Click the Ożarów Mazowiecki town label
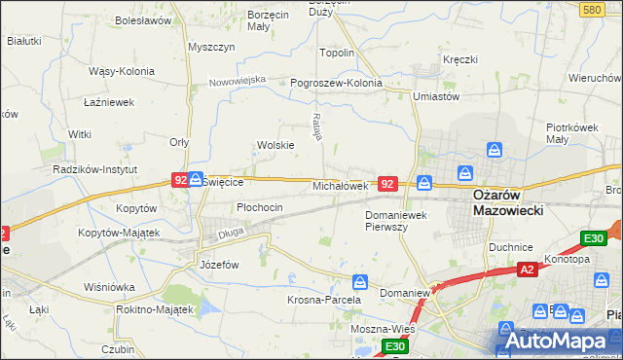tap(507, 201)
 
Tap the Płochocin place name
tap(260, 207)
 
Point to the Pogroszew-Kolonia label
tap(336, 83)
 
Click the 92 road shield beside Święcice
tap(180, 180)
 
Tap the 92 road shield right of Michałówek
tap(388, 183)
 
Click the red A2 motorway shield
tap(527, 270)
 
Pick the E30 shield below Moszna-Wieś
tap(393, 346)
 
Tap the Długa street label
tap(231, 232)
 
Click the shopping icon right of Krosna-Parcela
tap(360, 282)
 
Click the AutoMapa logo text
tap(559, 341)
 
